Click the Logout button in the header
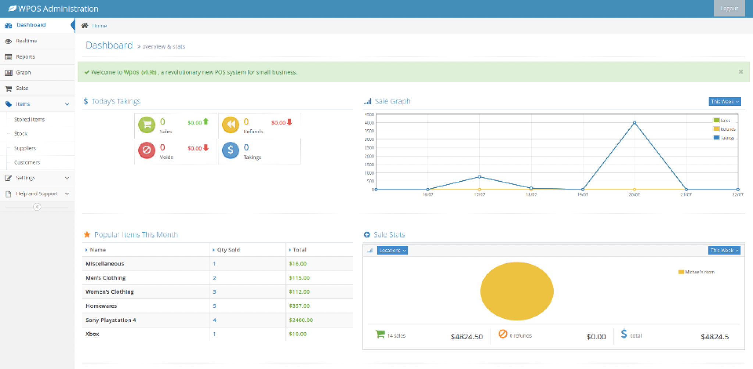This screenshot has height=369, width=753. pyautogui.click(x=729, y=8)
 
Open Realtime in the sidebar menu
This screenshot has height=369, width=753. pyautogui.click(x=26, y=41)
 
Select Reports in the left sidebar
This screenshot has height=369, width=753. pyautogui.click(x=25, y=57)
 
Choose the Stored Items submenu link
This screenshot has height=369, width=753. pyautogui.click(x=29, y=119)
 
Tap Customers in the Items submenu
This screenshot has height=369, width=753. pyautogui.click(x=27, y=162)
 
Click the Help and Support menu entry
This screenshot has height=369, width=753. pyautogui.click(x=36, y=193)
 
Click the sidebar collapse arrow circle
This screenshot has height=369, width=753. pyautogui.click(x=37, y=207)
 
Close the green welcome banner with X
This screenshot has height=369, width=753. pyautogui.click(x=740, y=72)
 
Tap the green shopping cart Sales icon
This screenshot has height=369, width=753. pyautogui.click(x=147, y=124)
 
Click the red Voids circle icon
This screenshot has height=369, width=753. pyautogui.click(x=147, y=150)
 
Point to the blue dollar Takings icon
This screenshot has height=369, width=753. pyautogui.click(x=231, y=150)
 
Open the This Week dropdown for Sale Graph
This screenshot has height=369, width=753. pyautogui.click(x=724, y=101)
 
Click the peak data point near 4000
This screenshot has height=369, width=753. pyautogui.click(x=634, y=123)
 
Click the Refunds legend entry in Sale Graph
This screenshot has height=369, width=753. pyautogui.click(x=724, y=129)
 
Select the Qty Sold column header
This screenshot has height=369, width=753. pyautogui.click(x=228, y=250)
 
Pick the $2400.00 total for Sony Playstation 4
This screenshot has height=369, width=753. pyautogui.click(x=301, y=320)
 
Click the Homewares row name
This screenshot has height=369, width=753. pyautogui.click(x=101, y=306)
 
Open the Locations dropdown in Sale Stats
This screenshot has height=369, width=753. pyautogui.click(x=392, y=250)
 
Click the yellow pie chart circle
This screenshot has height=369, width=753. pyautogui.click(x=517, y=291)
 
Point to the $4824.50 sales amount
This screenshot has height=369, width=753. pyautogui.click(x=467, y=337)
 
